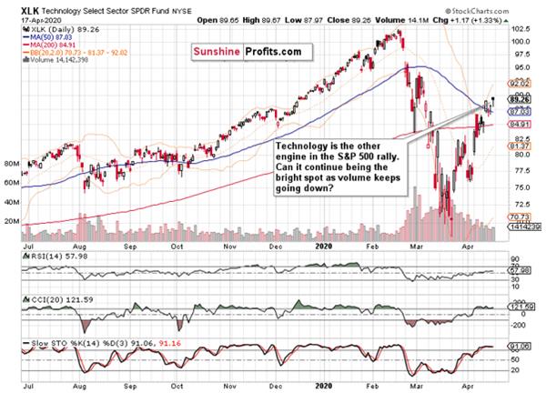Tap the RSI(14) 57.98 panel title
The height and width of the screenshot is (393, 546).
click(x=36, y=256)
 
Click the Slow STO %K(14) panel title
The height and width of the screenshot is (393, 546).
click(x=45, y=342)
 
